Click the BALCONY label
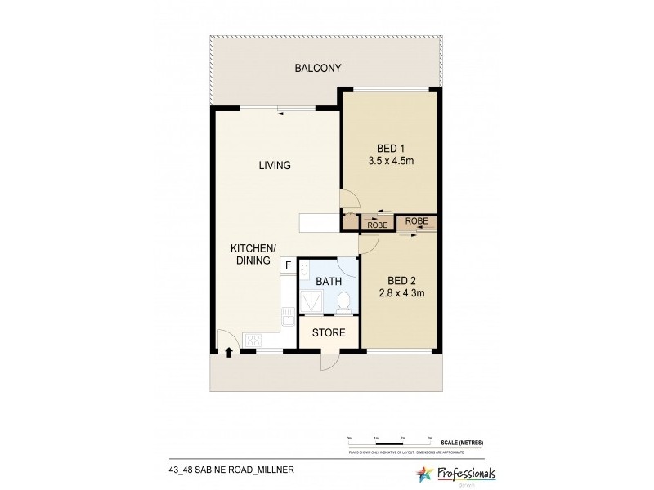click(317, 69)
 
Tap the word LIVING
click(275, 166)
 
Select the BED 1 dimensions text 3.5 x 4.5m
click(390, 161)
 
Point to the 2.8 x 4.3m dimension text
click(401, 293)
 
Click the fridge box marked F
click(288, 265)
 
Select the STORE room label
click(329, 333)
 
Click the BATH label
click(329, 281)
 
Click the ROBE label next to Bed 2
click(416, 221)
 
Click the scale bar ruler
click(387, 443)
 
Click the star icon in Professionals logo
click(426, 473)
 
